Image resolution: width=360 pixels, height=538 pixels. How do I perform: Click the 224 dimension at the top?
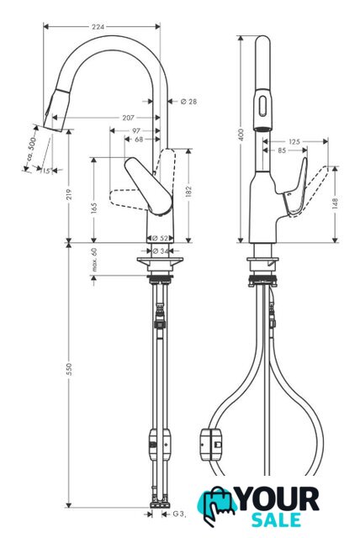point(98,26)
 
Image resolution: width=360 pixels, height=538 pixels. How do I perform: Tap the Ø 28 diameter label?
point(188,101)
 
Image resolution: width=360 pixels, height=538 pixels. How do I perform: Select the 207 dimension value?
point(128,118)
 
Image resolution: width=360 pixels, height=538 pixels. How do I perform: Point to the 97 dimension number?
point(136,131)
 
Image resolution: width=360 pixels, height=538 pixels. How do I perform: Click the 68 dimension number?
point(139,140)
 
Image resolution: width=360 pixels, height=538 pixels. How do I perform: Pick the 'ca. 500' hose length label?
point(31,149)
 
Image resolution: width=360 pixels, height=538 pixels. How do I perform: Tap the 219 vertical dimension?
point(69,194)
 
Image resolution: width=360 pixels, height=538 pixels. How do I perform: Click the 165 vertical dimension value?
point(93,208)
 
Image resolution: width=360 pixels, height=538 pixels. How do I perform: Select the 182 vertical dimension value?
point(188,193)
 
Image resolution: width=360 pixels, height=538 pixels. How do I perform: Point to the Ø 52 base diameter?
point(160,238)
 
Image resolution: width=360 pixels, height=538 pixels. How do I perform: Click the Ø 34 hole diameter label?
point(161,251)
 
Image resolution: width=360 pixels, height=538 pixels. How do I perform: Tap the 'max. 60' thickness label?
point(94,260)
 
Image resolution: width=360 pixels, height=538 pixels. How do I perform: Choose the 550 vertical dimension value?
point(69,369)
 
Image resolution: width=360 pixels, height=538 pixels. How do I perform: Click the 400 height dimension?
point(241,134)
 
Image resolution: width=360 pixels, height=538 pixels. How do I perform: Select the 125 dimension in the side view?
point(294,141)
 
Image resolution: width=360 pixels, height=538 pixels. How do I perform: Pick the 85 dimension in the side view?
point(282,150)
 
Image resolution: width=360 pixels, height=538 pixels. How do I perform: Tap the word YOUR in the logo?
point(278,499)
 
